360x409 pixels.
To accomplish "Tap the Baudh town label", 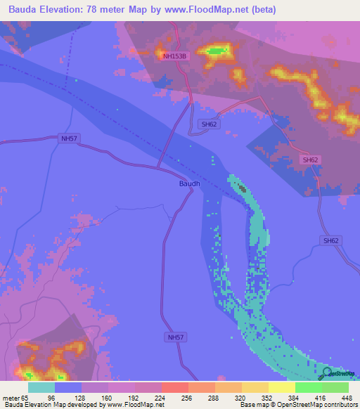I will point(189,184).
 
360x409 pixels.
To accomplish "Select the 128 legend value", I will point(81,398).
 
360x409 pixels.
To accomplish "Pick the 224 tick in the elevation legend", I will point(161,398).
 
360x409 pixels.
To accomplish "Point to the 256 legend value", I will point(188,398).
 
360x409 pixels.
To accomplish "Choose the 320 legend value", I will point(241,398).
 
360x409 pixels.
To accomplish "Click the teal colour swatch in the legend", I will point(41,387).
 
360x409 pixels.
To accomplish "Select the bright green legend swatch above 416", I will point(309,387).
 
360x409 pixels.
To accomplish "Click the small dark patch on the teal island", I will point(242,188).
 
